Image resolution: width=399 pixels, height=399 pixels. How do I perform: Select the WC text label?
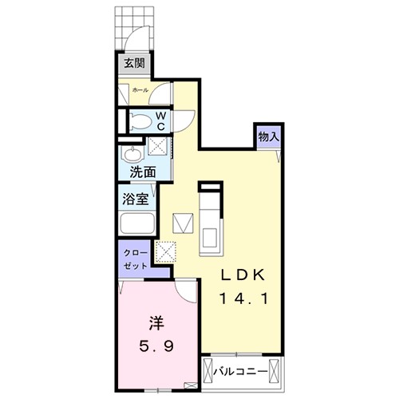[160, 120]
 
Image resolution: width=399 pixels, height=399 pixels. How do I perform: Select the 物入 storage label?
[268, 136]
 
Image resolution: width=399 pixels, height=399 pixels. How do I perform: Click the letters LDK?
[247, 273]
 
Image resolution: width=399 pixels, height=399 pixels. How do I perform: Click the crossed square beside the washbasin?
[158, 148]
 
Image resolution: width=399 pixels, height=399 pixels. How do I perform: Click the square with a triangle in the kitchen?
[184, 220]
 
